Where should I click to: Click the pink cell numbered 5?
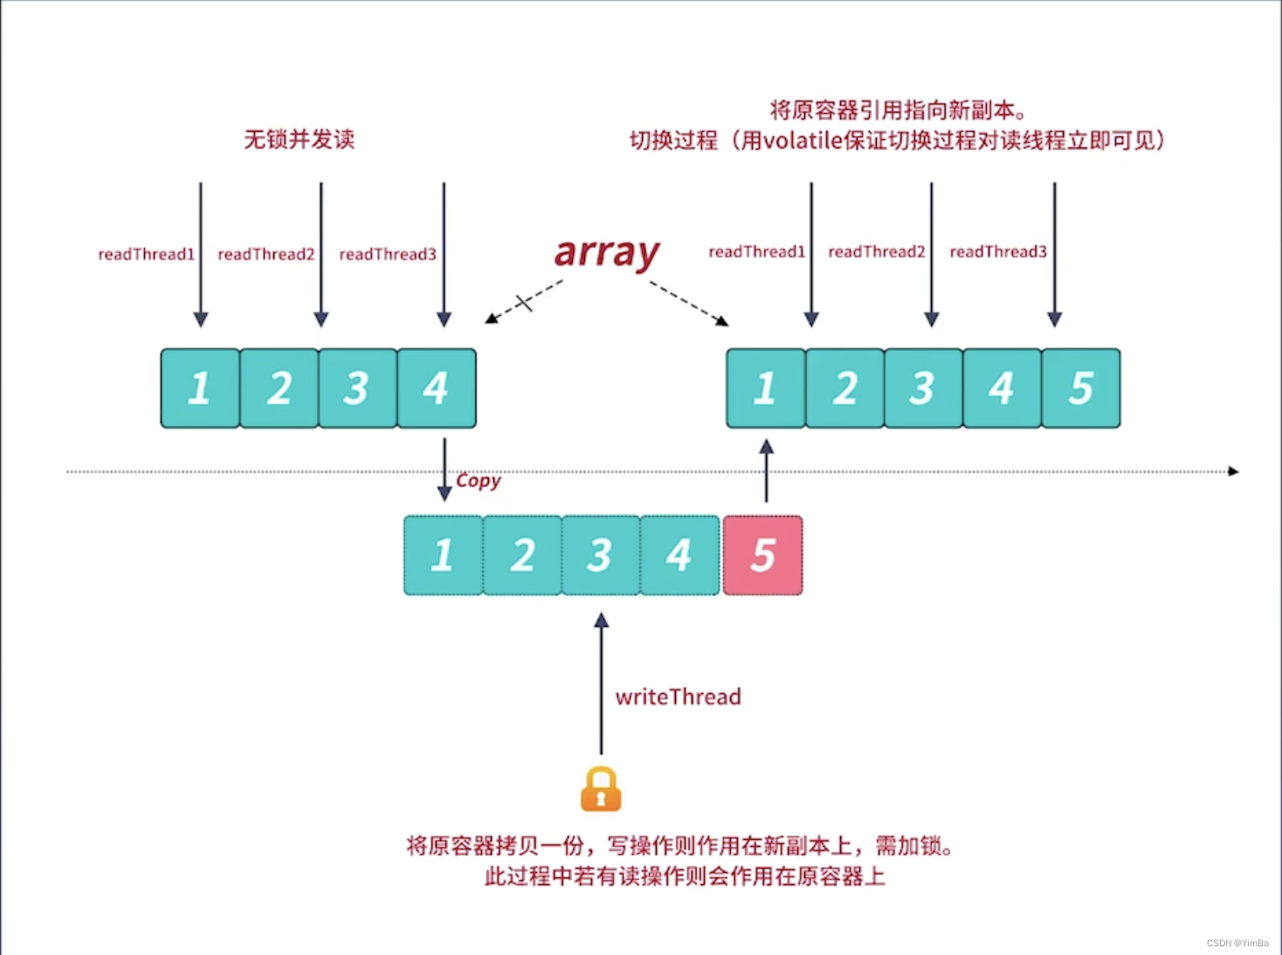click(x=762, y=556)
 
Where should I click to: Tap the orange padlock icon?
click(x=601, y=789)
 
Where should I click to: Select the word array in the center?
click(x=607, y=252)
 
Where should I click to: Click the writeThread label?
click(x=678, y=697)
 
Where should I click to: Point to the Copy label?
click(x=479, y=480)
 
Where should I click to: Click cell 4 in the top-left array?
click(x=437, y=388)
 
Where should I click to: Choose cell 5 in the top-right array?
click(x=1080, y=388)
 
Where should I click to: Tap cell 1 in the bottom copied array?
click(x=443, y=556)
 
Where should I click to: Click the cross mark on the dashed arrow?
click(x=524, y=303)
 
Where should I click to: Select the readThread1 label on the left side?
click(x=146, y=254)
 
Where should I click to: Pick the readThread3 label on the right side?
click(x=997, y=251)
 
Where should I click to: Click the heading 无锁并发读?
click(x=299, y=139)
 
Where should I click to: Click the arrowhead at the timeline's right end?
click(x=1233, y=471)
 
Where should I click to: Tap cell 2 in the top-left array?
click(x=279, y=388)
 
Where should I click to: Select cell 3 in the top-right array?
click(x=923, y=388)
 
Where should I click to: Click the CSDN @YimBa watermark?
click(x=1237, y=943)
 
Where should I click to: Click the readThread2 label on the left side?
click(x=265, y=254)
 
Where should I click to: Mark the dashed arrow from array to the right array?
click(x=688, y=303)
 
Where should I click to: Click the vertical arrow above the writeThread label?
click(x=601, y=681)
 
